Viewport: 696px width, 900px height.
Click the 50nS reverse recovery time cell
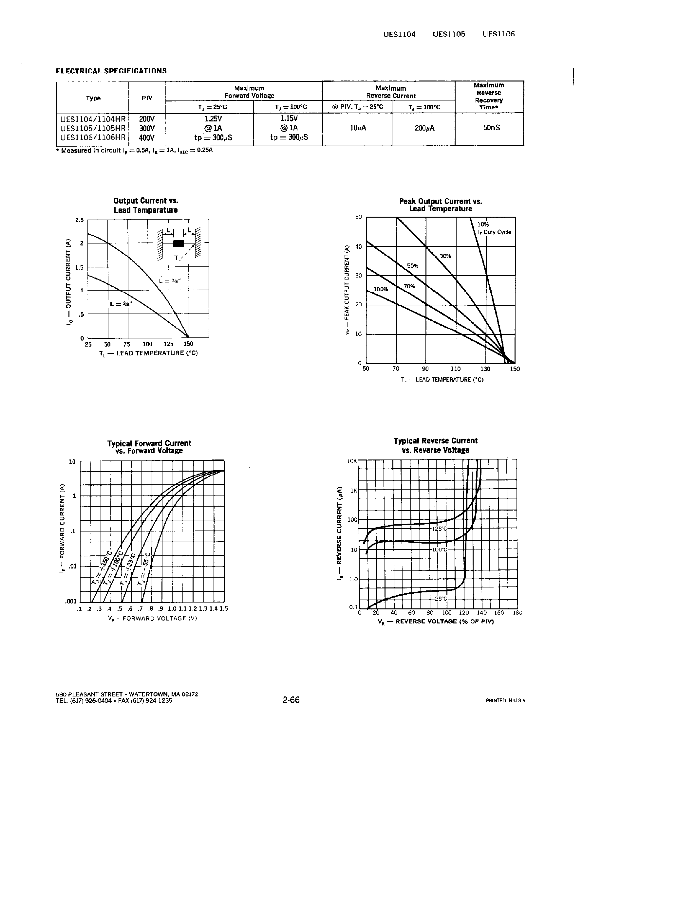(x=492, y=128)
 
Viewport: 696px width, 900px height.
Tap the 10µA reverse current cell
(x=358, y=128)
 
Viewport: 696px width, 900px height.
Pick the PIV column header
(x=147, y=98)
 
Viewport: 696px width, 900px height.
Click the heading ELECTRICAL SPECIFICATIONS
(x=111, y=70)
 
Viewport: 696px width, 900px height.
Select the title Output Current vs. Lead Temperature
(x=146, y=205)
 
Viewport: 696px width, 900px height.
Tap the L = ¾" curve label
(x=121, y=304)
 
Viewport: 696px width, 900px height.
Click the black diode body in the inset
(x=179, y=243)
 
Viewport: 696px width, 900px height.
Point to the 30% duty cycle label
(x=445, y=256)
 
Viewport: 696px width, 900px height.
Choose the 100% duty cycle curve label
(x=381, y=289)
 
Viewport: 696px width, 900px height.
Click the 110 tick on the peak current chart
(x=456, y=369)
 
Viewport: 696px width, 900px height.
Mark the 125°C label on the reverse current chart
(x=440, y=529)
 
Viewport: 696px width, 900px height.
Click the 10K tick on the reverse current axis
(x=352, y=461)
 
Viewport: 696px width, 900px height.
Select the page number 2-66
(x=291, y=700)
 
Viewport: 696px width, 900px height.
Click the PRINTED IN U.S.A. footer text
(x=506, y=700)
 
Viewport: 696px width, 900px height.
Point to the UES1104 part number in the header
(x=399, y=34)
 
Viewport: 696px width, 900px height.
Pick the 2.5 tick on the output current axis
(x=79, y=220)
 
